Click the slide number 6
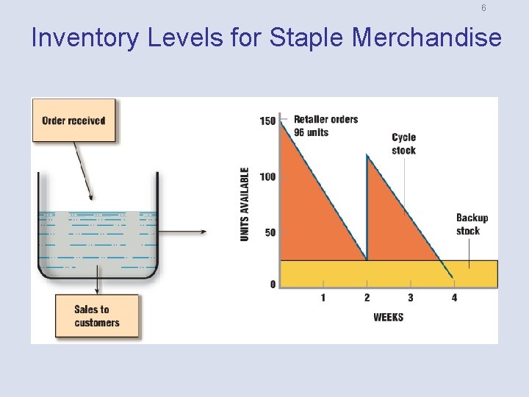[483, 8]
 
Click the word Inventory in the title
[84, 37]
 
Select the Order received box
[73, 121]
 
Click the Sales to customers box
[96, 316]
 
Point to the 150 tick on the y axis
[267, 121]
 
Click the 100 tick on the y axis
[267, 176]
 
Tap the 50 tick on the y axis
[270, 232]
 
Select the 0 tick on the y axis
[273, 284]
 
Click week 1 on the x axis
[323, 298]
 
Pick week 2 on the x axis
[367, 298]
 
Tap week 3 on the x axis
[410, 298]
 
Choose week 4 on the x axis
[454, 298]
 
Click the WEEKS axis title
[388, 318]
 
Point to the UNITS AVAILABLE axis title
[245, 204]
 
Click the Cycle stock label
[403, 144]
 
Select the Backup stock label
[472, 224]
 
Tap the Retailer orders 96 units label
[325, 126]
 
